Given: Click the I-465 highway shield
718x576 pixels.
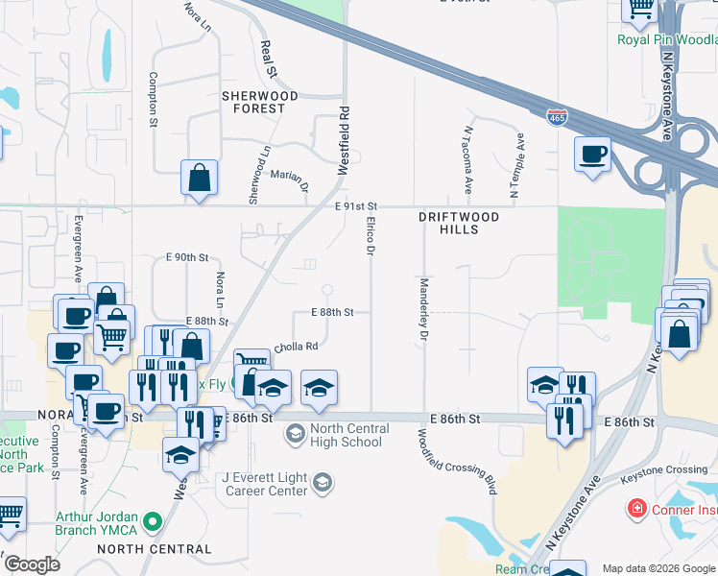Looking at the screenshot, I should pyautogui.click(x=557, y=117).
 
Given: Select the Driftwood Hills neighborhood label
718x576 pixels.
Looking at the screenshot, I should pyautogui.click(x=459, y=224).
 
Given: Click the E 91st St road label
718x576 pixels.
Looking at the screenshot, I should pyautogui.click(x=358, y=206).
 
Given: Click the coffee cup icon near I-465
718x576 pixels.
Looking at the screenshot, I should pyautogui.click(x=592, y=154).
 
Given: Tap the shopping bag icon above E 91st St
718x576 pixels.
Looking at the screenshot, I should pyautogui.click(x=199, y=178).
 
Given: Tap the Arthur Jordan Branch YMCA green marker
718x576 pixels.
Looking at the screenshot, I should pyautogui.click(x=151, y=521).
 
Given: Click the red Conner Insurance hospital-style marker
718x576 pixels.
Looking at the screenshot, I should pyautogui.click(x=635, y=507).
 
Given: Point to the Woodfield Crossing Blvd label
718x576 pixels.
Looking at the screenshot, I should pyautogui.click(x=456, y=461).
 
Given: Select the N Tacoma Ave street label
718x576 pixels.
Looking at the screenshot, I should pyautogui.click(x=468, y=159).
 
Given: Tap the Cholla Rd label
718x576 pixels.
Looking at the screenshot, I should pyautogui.click(x=296, y=347).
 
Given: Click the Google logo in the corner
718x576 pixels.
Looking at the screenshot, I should pyautogui.click(x=31, y=564).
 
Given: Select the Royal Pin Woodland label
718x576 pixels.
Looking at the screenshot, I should pyautogui.click(x=667, y=40).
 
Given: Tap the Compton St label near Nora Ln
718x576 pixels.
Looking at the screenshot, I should pyautogui.click(x=153, y=100).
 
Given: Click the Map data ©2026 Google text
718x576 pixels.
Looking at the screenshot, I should pyautogui.click(x=658, y=568).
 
